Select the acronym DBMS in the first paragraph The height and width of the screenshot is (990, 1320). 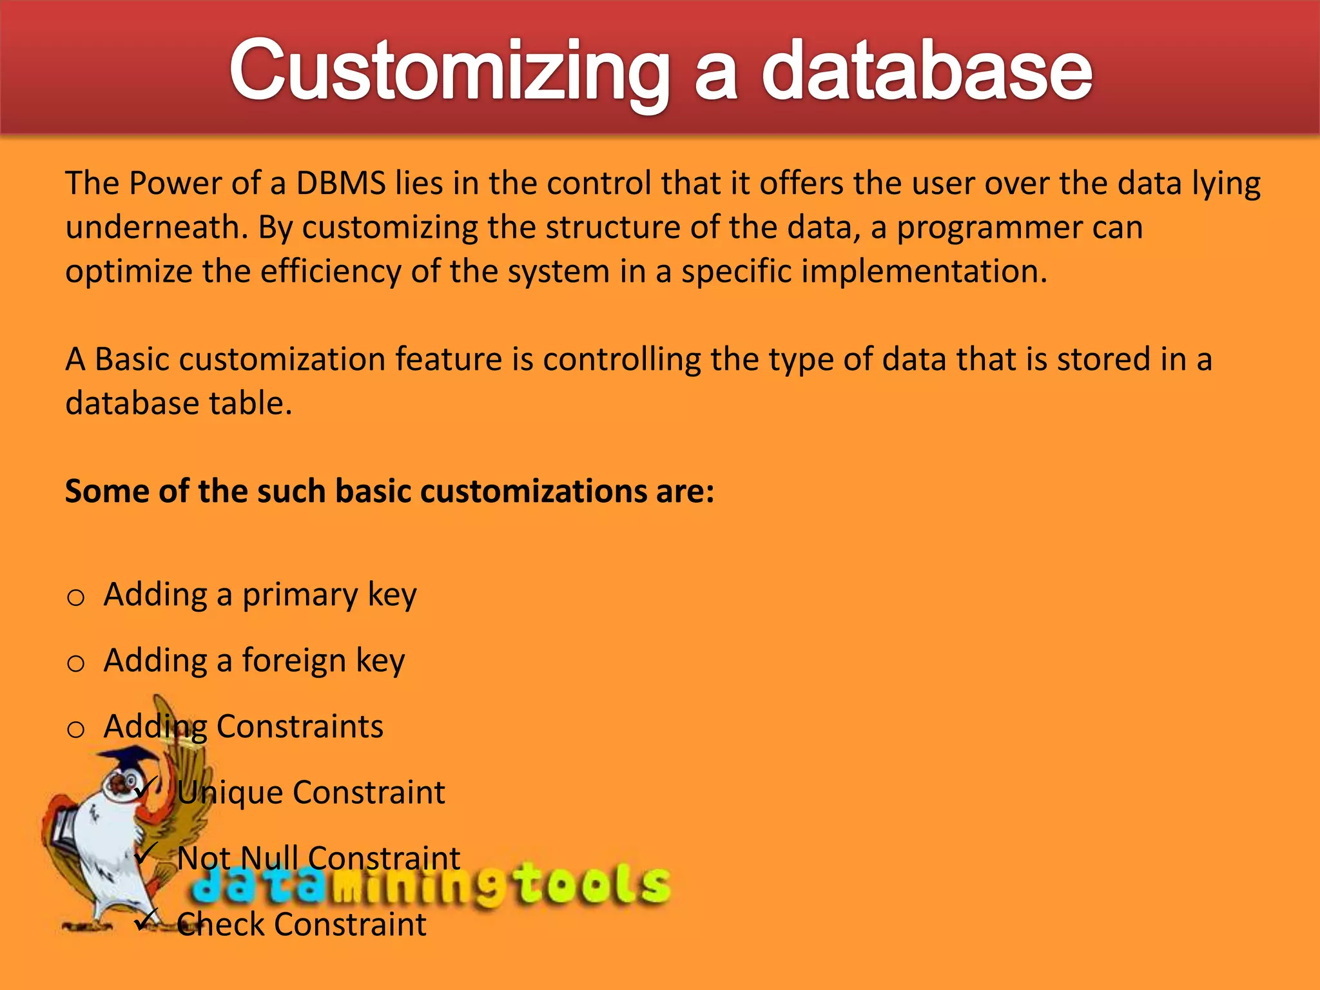pos(340,184)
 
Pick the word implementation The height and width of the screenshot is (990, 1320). pos(924,271)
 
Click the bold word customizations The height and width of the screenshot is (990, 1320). pos(534,492)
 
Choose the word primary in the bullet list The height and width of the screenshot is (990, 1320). pos(300,595)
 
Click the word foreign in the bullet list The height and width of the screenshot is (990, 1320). pos(294,661)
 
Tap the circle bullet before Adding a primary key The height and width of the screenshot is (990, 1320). pos(76,598)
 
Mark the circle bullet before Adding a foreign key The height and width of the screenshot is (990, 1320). pos(76,664)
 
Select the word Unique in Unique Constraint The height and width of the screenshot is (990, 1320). pos(229,793)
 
